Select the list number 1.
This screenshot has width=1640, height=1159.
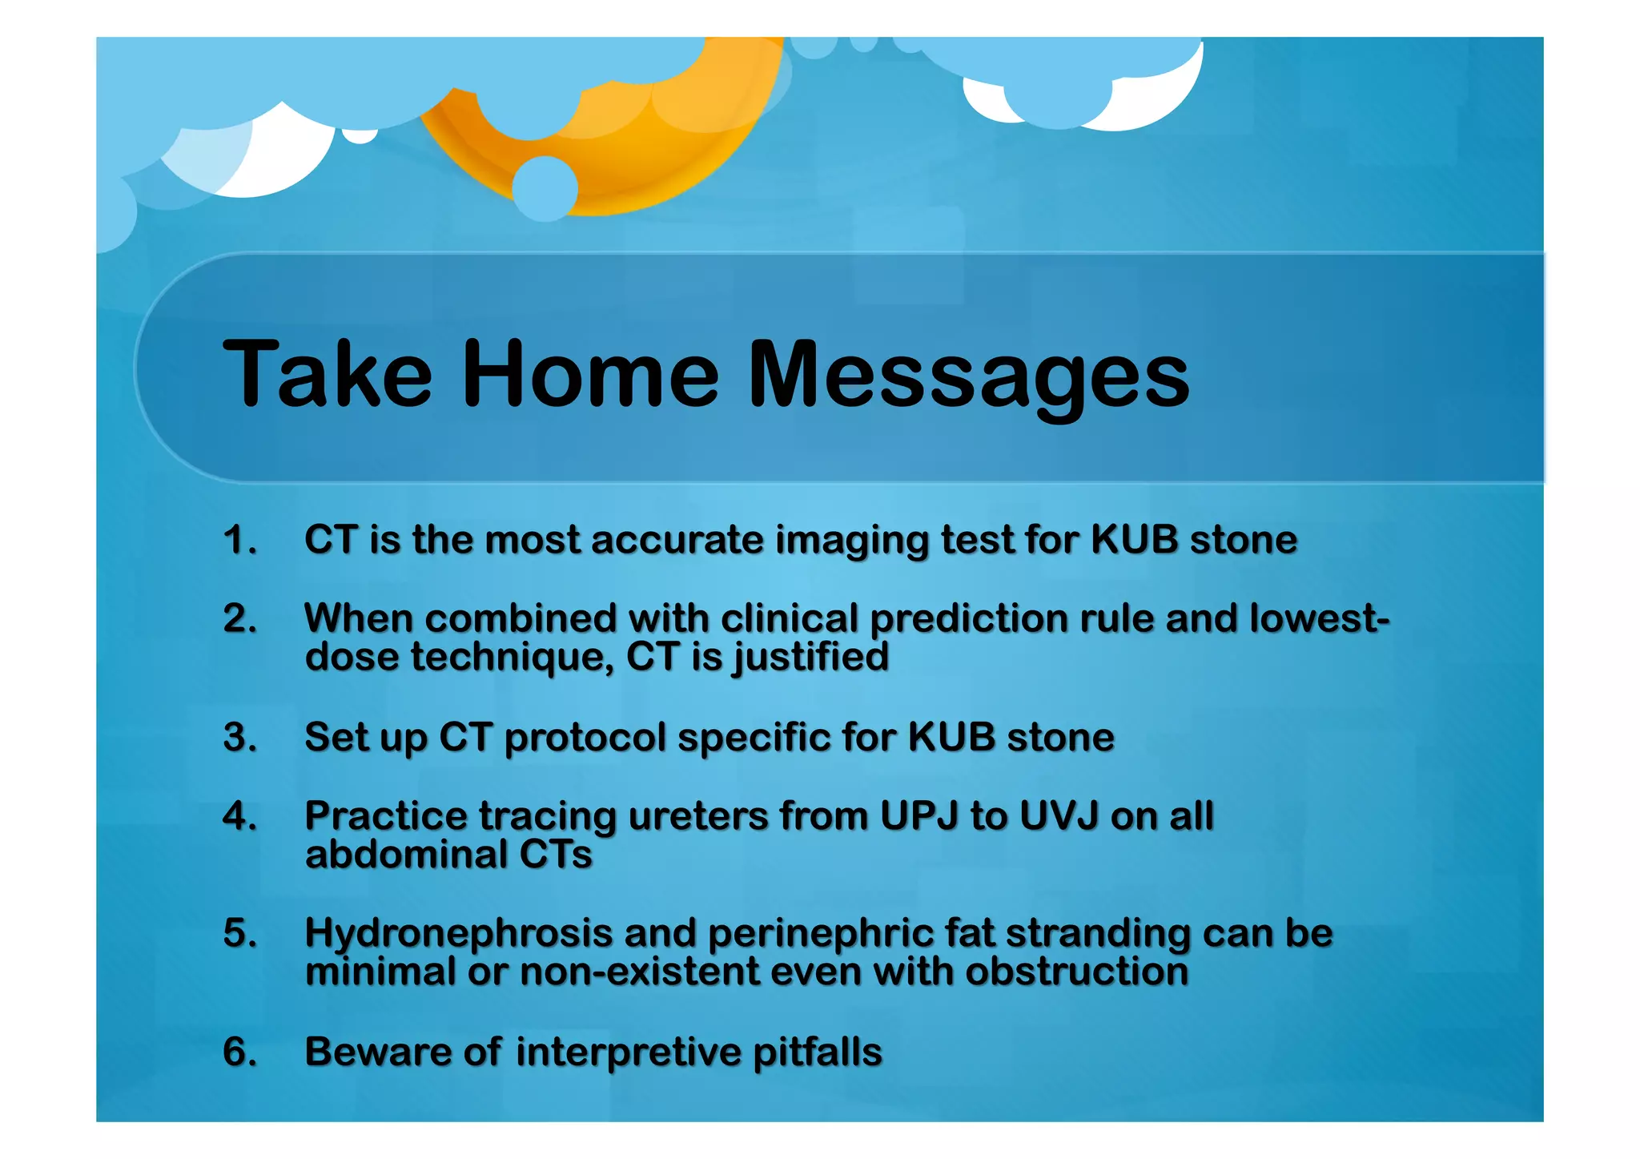coord(239,540)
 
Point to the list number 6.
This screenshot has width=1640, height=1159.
coord(239,1052)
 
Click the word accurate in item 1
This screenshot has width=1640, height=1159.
coord(677,540)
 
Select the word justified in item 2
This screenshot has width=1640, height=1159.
coord(810,658)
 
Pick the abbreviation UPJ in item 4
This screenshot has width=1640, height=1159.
coord(919,816)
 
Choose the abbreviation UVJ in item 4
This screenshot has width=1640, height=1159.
coord(1059,816)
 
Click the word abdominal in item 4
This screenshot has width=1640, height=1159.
coord(407,855)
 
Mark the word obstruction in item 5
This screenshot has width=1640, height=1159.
coord(1076,972)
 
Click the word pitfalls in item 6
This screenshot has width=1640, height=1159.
coord(818,1052)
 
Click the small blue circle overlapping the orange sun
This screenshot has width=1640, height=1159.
coord(545,188)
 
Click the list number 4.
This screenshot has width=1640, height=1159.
coord(239,816)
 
